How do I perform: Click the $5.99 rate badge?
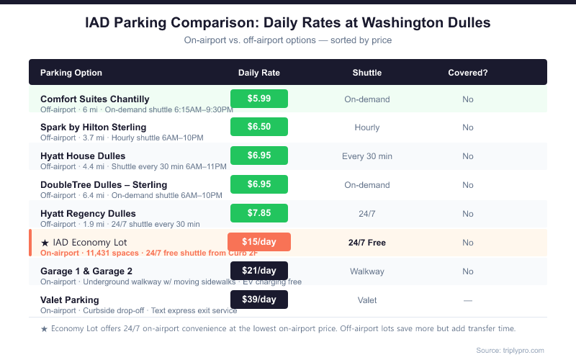pyautogui.click(x=259, y=99)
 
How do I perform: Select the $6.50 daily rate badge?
pyautogui.click(x=259, y=127)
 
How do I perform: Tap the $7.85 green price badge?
pyautogui.click(x=259, y=213)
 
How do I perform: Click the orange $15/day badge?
pyautogui.click(x=259, y=242)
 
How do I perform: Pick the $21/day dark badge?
pyautogui.click(x=259, y=271)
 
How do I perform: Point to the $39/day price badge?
pyautogui.click(x=259, y=300)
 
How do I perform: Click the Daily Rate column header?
pyautogui.click(x=259, y=73)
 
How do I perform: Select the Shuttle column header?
pyautogui.click(x=367, y=73)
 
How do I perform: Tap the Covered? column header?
pyautogui.click(x=468, y=73)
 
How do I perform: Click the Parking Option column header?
pyautogui.click(x=71, y=73)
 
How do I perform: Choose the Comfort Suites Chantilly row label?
pyautogui.click(x=94, y=99)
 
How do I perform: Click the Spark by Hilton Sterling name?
pyautogui.click(x=93, y=127)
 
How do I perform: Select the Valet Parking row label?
pyautogui.click(x=70, y=300)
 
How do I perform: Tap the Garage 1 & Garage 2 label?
pyautogui.click(x=86, y=271)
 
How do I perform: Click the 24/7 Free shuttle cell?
pyautogui.click(x=367, y=243)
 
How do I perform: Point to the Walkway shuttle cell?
pyautogui.click(x=367, y=271)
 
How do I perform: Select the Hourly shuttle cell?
pyautogui.click(x=367, y=127)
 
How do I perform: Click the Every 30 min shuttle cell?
pyautogui.click(x=367, y=156)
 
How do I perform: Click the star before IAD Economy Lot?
pyautogui.click(x=45, y=243)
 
